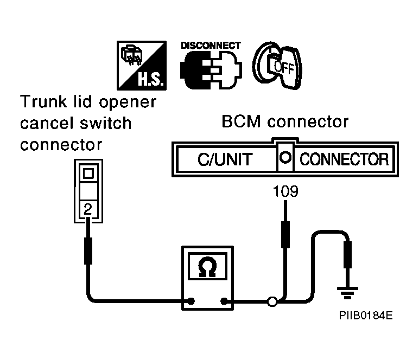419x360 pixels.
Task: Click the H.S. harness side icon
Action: coord(142,66)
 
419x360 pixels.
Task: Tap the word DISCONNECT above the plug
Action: coord(211,46)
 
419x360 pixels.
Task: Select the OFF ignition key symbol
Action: coord(277,66)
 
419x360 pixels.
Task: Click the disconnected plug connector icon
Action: coord(211,69)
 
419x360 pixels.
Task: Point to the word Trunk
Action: coord(43,102)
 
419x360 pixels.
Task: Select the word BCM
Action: coord(241,121)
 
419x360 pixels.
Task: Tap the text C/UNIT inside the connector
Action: coord(225,159)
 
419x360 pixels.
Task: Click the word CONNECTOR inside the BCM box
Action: coord(344,159)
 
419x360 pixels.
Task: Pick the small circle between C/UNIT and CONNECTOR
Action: coord(285,157)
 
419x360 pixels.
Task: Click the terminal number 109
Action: coord(285,191)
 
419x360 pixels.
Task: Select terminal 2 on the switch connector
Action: coord(88,209)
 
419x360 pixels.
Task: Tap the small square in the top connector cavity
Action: coord(88,173)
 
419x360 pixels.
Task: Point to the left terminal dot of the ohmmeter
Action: coord(191,301)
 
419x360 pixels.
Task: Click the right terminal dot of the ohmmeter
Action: coord(224,301)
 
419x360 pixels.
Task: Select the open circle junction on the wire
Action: coord(272,301)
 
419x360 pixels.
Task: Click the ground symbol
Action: coord(347,293)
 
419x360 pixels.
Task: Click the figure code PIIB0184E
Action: coord(366,316)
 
